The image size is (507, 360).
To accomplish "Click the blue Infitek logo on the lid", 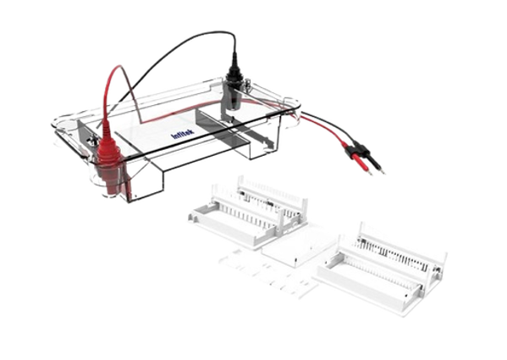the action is click(184, 133).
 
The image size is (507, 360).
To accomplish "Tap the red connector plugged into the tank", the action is click(107, 163).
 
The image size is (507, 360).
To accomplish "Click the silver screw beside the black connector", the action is click(248, 85).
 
